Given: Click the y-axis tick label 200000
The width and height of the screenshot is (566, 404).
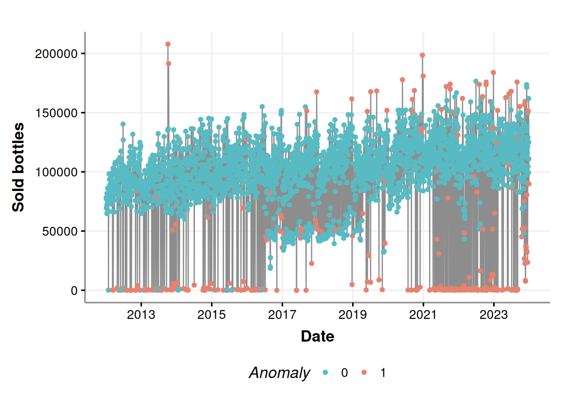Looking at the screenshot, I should pyautogui.click(x=56, y=54).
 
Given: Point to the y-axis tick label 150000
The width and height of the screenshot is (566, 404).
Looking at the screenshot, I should pyautogui.click(x=56, y=113).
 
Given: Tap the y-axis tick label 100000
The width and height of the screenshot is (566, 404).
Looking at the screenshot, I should pyautogui.click(x=56, y=172).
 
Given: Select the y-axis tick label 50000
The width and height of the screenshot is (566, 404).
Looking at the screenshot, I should pyautogui.click(x=60, y=231).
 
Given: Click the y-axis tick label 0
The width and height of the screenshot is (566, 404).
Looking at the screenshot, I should pyautogui.click(x=74, y=290).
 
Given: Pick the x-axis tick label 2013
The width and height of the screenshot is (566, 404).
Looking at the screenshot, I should pyautogui.click(x=141, y=315).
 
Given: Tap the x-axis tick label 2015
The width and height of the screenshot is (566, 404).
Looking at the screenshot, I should pyautogui.click(x=211, y=315).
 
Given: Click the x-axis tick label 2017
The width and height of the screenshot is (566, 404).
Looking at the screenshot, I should pyautogui.click(x=282, y=315).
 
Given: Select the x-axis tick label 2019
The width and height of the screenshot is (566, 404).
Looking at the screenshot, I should pyautogui.click(x=352, y=315).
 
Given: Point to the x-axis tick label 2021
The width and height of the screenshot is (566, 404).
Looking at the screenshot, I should pyautogui.click(x=423, y=315).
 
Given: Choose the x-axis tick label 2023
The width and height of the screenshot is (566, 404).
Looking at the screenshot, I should pyautogui.click(x=494, y=315).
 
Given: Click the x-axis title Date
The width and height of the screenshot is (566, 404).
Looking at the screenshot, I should pyautogui.click(x=318, y=336).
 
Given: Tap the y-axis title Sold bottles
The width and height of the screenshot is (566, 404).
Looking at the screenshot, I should pyautogui.click(x=18, y=167).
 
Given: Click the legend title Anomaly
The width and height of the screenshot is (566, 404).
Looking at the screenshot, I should pyautogui.click(x=279, y=372).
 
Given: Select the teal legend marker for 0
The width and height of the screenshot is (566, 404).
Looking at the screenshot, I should pyautogui.click(x=325, y=372).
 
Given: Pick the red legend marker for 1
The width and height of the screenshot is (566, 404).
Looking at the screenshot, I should pyautogui.click(x=364, y=372).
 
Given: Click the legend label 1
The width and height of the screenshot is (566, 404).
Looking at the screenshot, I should pyautogui.click(x=383, y=372).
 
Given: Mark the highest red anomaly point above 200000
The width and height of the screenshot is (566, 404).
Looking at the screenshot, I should pyautogui.click(x=168, y=44).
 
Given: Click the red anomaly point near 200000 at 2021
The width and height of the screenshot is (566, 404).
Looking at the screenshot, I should pyautogui.click(x=422, y=55).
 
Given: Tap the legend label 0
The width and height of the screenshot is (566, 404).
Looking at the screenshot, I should pyautogui.click(x=344, y=372).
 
